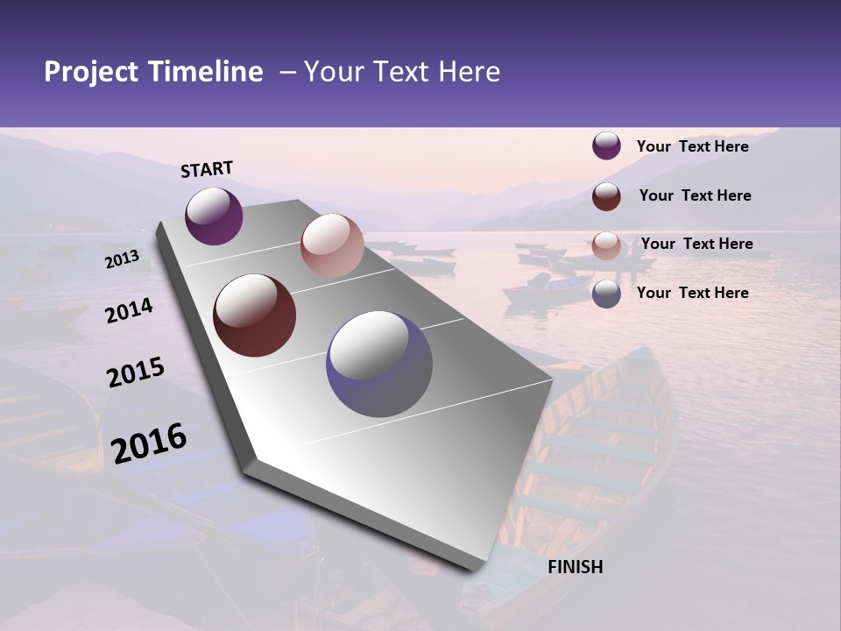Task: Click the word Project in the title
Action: click(89, 72)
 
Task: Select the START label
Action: click(207, 169)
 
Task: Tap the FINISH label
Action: click(575, 567)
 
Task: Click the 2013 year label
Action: click(123, 259)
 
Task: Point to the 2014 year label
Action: click(130, 310)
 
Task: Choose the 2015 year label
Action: click(136, 372)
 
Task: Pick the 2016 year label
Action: click(149, 443)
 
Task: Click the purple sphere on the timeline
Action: click(214, 216)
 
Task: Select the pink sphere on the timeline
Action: click(332, 245)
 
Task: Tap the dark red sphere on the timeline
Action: click(255, 315)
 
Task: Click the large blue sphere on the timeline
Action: click(379, 364)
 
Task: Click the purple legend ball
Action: click(606, 145)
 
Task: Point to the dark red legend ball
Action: click(606, 195)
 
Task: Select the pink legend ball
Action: click(606, 245)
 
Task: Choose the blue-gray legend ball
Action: click(606, 294)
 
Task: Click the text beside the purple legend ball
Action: click(692, 146)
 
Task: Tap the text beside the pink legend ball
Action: click(696, 244)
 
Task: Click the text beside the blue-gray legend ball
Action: click(692, 293)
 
